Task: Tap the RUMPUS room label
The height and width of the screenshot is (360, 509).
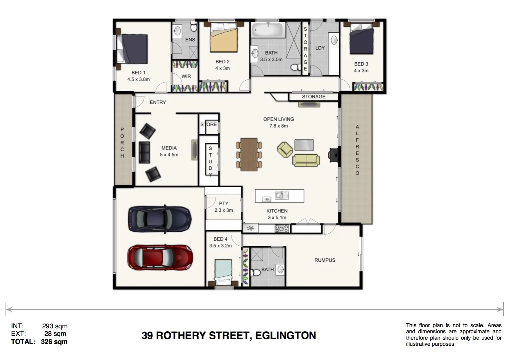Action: pyautogui.click(x=324, y=260)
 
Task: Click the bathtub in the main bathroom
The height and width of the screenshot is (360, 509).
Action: pyautogui.click(x=268, y=30)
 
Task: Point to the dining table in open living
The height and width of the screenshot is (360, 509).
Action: pyautogui.click(x=249, y=154)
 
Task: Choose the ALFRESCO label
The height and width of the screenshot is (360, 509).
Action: pyautogui.click(x=357, y=150)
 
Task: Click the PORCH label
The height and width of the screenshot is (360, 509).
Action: pyautogui.click(x=122, y=143)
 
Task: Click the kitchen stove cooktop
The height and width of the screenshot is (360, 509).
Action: pyautogui.click(x=281, y=229)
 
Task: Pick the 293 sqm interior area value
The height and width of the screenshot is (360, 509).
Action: pyautogui.click(x=55, y=326)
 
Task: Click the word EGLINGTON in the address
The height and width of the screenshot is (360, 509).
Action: pyautogui.click(x=285, y=335)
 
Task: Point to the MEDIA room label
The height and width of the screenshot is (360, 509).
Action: pyautogui.click(x=169, y=148)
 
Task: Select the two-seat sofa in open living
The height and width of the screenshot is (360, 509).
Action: pyautogui.click(x=306, y=160)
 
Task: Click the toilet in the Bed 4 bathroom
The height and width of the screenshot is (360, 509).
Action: pyautogui.click(x=255, y=272)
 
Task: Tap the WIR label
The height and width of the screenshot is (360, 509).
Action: pyautogui.click(x=186, y=76)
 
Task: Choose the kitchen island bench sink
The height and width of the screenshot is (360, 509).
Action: pyautogui.click(x=279, y=195)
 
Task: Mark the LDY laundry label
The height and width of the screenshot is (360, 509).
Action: pyautogui.click(x=320, y=48)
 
